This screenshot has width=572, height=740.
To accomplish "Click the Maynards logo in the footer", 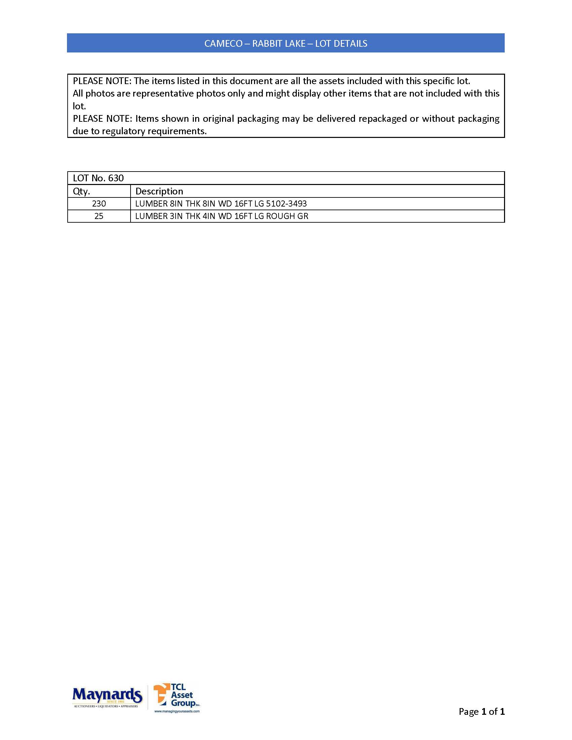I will [x=107, y=697].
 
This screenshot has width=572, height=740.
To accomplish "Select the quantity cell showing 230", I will [x=99, y=203].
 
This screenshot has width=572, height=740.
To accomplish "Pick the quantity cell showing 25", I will [x=99, y=216].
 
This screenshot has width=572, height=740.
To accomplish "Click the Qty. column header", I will [x=81, y=191].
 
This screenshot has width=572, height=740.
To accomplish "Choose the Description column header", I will [x=159, y=191].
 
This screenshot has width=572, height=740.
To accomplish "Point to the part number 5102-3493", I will [x=286, y=203].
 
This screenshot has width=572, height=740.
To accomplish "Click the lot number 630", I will [x=116, y=178].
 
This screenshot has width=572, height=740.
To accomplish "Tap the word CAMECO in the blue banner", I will [x=223, y=44].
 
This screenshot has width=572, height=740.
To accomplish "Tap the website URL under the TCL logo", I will [x=177, y=711].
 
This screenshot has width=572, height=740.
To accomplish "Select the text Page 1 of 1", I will [x=481, y=711].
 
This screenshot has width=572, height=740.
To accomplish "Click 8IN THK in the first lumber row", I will [x=185, y=203].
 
